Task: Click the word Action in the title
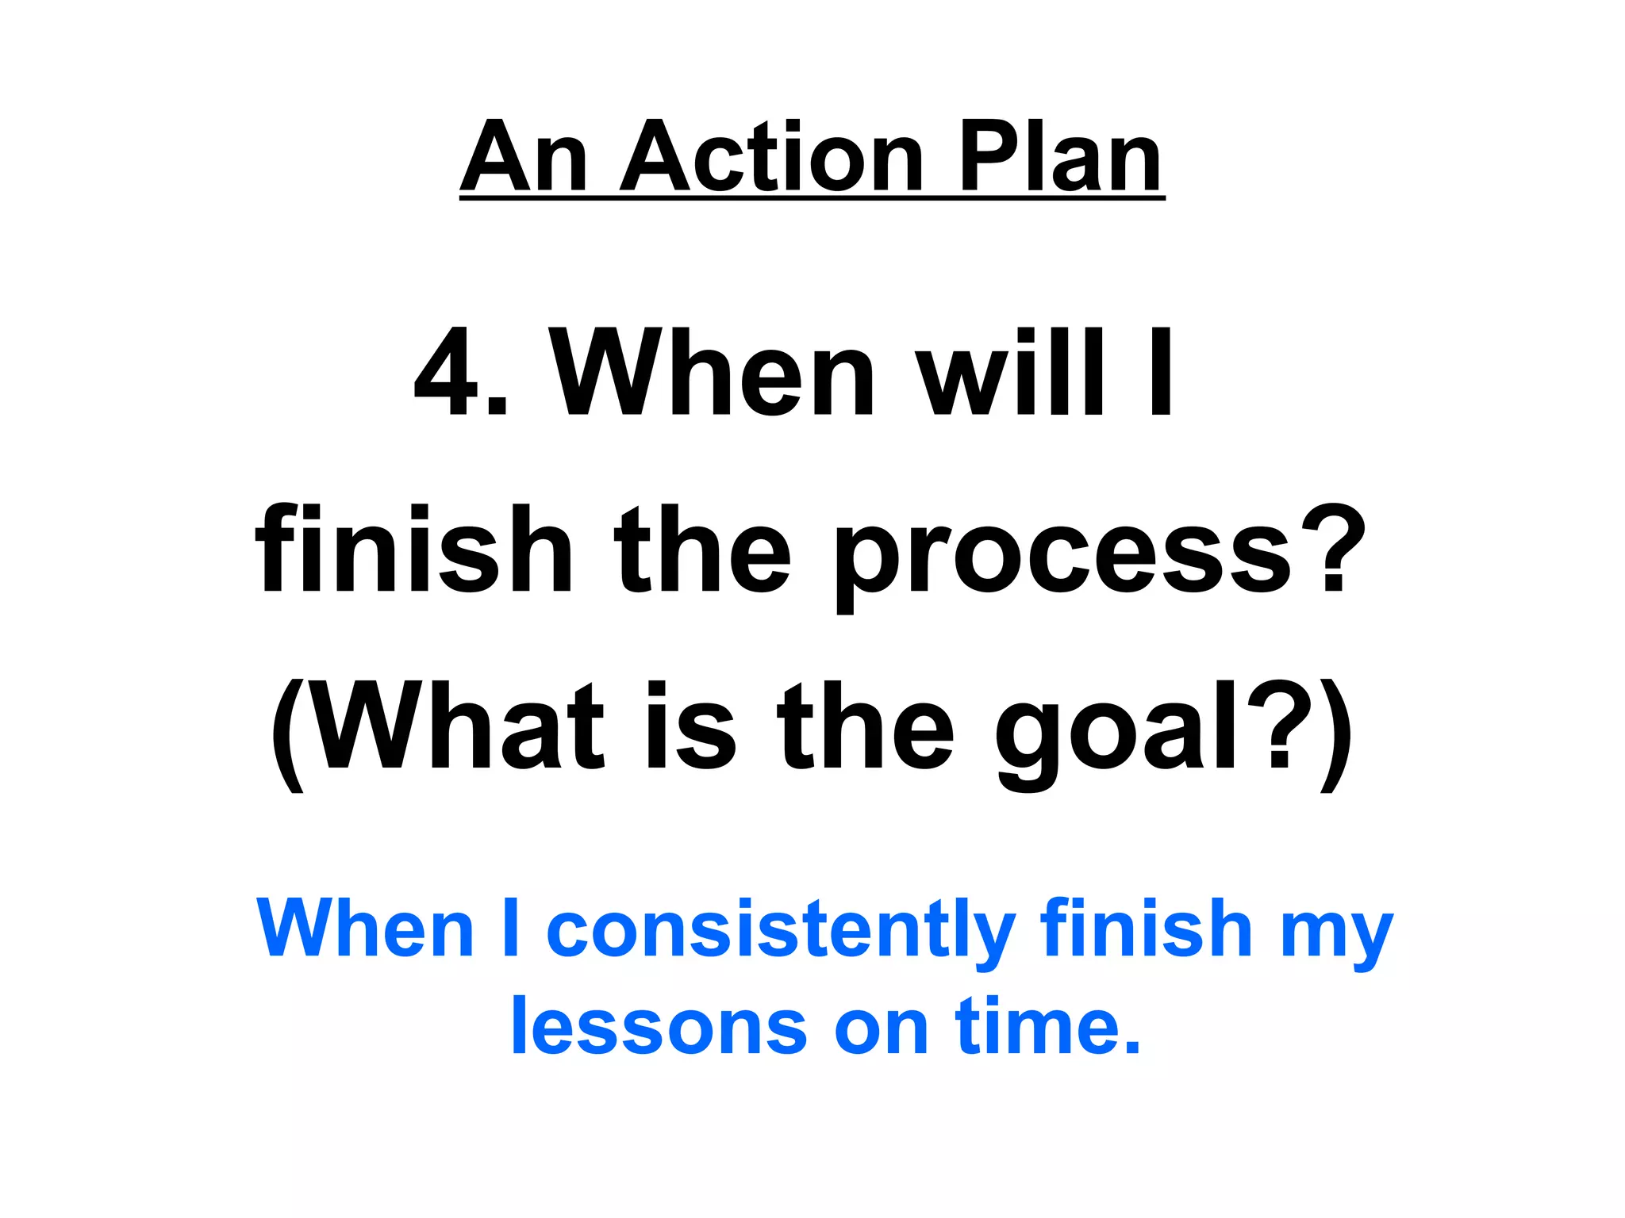click(770, 156)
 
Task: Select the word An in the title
click(524, 156)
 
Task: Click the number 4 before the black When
click(445, 373)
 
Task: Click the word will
click(1012, 373)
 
